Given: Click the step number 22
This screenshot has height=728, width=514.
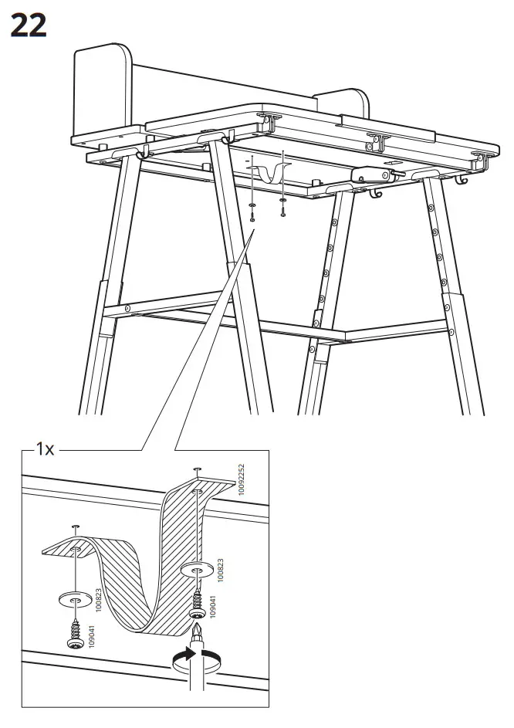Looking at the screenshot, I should pyautogui.click(x=28, y=25).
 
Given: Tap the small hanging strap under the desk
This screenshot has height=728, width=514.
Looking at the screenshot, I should pyautogui.click(x=266, y=171).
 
